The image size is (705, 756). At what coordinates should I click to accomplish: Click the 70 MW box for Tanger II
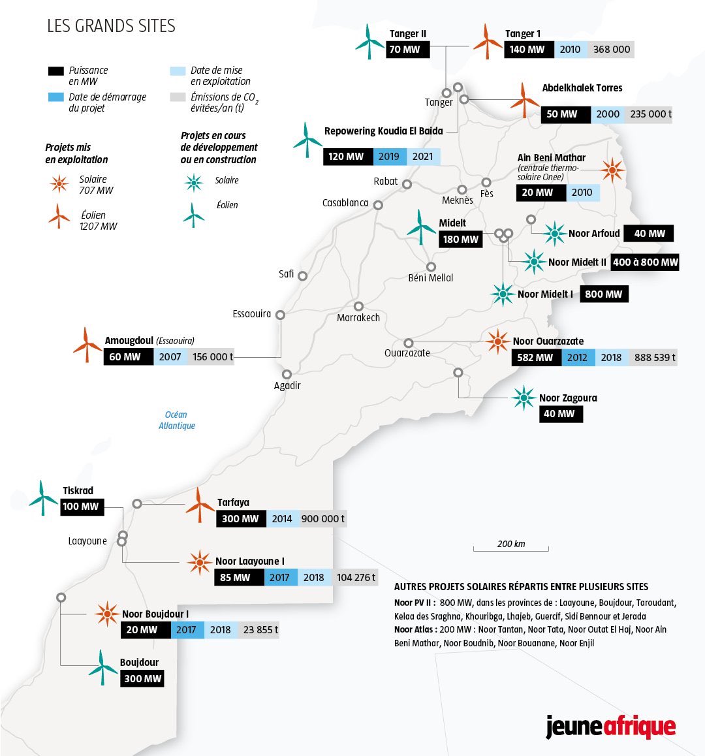405,50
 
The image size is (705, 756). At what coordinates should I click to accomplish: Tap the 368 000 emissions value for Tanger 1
612,50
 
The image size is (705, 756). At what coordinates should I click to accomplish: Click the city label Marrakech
358,318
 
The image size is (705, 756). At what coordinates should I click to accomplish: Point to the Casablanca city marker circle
378,205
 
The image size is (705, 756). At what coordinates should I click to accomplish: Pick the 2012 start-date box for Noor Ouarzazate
578,357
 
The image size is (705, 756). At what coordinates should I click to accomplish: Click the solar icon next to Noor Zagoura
524,398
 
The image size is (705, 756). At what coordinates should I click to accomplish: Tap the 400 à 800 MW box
645,262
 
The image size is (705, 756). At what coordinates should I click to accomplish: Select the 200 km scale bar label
511,544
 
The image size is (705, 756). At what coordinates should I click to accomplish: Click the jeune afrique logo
610,727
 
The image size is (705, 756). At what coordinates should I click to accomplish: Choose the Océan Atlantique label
176,420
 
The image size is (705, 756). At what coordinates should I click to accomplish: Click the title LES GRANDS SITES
111,26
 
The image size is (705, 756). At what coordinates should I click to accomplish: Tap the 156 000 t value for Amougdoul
213,357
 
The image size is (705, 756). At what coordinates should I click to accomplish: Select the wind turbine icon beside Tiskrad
43,498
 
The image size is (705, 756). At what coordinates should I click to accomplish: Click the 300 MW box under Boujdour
142,678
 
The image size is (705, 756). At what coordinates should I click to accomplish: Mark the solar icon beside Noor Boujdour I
106,614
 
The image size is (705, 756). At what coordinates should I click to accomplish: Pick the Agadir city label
287,386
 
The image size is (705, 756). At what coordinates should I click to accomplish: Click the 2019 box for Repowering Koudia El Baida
389,157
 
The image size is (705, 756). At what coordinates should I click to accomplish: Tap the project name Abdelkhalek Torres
582,88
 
